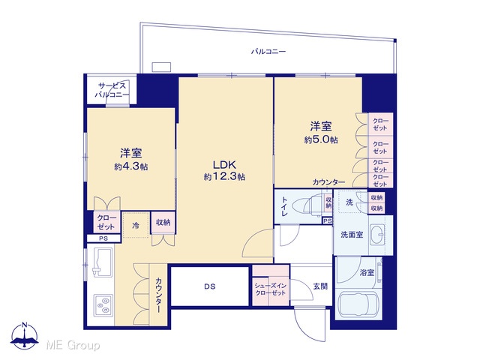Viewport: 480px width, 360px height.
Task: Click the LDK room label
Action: [x=224, y=165]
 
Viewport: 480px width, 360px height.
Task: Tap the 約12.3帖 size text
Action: [x=224, y=177]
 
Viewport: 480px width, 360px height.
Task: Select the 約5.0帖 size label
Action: [x=321, y=139]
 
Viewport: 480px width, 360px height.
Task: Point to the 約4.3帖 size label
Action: [x=131, y=166]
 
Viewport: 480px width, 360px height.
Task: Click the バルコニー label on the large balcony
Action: [x=268, y=52]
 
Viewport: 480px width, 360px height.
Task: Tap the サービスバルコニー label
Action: [x=112, y=90]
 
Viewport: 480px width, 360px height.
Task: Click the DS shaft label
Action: [x=210, y=286]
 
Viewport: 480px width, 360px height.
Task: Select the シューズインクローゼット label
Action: [x=271, y=289]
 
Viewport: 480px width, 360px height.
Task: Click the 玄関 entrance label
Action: [x=320, y=286]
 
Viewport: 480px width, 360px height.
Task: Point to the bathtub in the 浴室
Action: [x=358, y=304]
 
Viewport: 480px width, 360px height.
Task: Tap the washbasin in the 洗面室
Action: [x=376, y=235]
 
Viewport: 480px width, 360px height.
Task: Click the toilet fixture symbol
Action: [x=306, y=205]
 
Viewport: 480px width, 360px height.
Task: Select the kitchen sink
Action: [x=103, y=262]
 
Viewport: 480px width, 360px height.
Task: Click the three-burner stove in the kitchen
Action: [x=103, y=306]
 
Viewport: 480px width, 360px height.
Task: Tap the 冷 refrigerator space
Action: [x=136, y=225]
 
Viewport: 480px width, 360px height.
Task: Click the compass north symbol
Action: [x=25, y=335]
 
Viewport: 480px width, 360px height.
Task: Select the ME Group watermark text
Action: [x=73, y=345]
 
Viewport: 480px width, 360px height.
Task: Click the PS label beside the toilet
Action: [x=327, y=220]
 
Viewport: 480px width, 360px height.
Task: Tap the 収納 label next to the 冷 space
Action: [x=163, y=223]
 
